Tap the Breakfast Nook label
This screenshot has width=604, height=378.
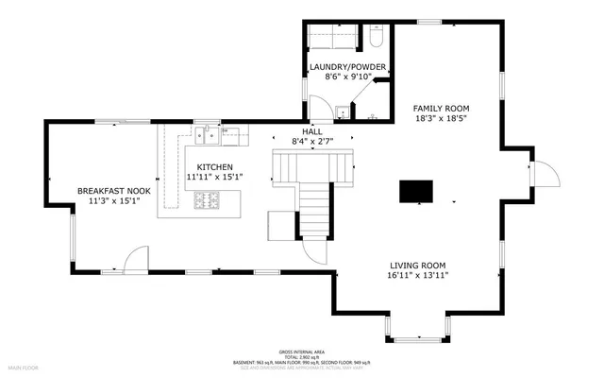pyautogui.click(x=114, y=191)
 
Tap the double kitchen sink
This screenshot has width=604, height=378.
pyautogui.click(x=210, y=137)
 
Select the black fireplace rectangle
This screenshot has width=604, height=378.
pyautogui.click(x=416, y=191)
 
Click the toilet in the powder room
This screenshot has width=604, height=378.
pyautogui.click(x=375, y=41)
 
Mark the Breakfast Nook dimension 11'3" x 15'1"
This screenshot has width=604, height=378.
pyautogui.click(x=114, y=201)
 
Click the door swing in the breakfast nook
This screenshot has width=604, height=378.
pyautogui.click(x=138, y=259)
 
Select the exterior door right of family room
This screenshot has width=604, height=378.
pyautogui.click(x=545, y=174)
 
